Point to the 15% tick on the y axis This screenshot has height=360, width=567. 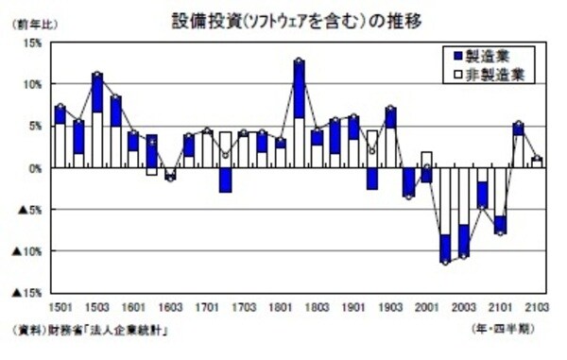[29, 43]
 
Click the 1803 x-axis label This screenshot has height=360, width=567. [317, 307]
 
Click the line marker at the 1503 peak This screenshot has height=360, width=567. [97, 74]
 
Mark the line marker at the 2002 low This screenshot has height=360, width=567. [445, 262]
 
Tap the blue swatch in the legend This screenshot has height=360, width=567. [457, 56]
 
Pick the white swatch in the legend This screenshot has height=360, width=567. [457, 72]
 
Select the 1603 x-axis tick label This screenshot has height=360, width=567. [170, 307]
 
